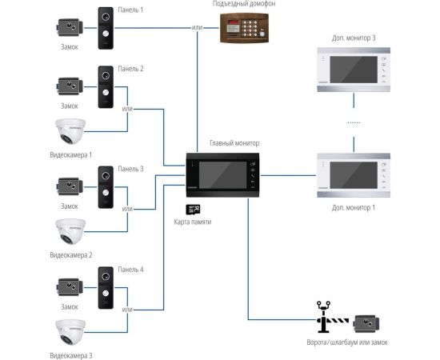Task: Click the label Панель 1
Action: click(130, 9)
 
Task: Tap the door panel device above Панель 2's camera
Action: click(106, 86)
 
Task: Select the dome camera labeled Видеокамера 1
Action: click(70, 132)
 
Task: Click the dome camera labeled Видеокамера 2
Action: click(70, 231)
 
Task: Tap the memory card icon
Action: click(192, 209)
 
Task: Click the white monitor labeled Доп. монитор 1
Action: click(352, 174)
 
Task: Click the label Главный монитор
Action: click(234, 143)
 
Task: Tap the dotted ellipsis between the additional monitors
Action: click(352, 122)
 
